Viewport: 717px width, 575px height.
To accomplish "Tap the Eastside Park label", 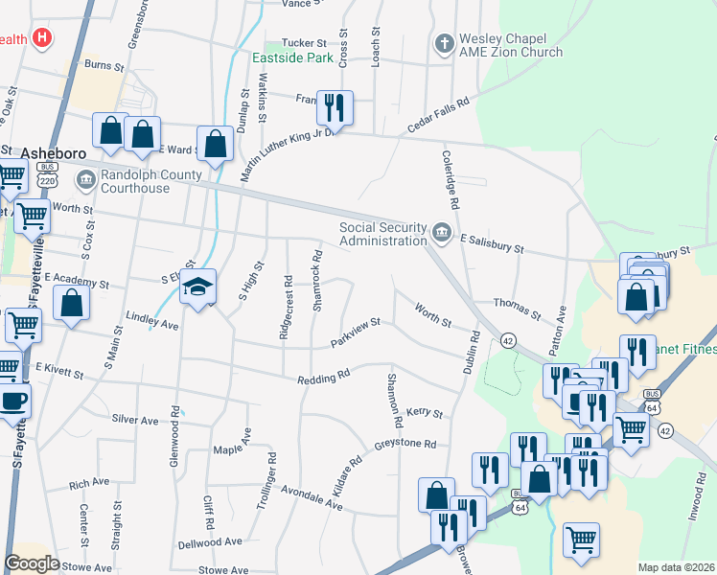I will pos(292,57).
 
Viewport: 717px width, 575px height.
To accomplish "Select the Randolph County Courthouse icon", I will pos(85,177).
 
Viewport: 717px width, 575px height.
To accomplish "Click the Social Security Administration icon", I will pos(442,230).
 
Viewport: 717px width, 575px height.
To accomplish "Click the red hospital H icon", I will pos(41,38).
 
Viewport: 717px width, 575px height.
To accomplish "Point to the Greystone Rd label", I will pos(405,446).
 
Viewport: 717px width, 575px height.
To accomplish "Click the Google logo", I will pos(32,563).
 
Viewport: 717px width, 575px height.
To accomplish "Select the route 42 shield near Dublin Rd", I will pos(508,340).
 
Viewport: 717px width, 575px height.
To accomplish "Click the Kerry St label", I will pos(425,413).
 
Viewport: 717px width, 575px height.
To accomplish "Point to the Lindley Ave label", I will pos(151,320).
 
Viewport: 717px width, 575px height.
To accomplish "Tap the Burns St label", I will pos(104,67).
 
